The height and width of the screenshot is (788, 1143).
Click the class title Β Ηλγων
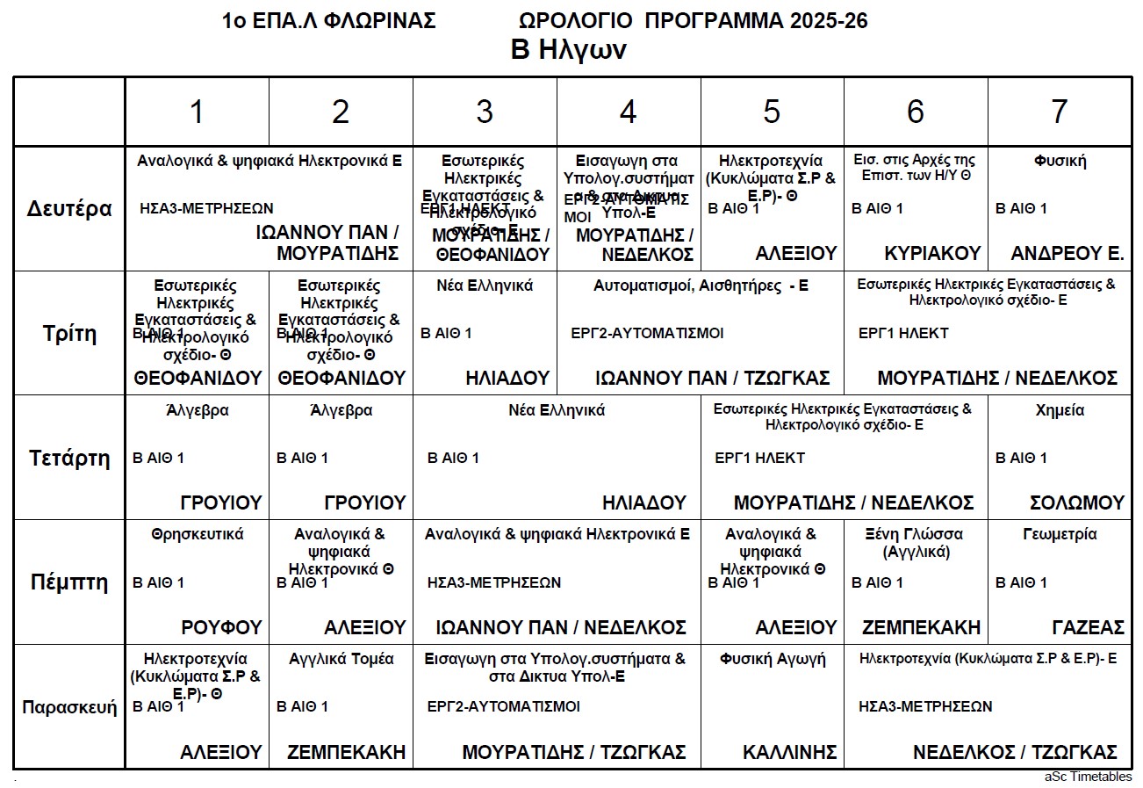[568, 50]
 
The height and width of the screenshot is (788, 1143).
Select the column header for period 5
[772, 112]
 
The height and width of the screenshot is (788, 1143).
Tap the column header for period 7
[1059, 112]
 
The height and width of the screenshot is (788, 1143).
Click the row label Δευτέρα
[69, 209]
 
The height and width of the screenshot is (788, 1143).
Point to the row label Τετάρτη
[69, 458]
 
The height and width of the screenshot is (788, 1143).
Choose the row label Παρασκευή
[69, 707]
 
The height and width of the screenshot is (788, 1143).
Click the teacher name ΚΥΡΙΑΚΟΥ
[933, 254]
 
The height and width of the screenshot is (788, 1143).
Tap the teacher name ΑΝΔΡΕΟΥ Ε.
[1068, 254]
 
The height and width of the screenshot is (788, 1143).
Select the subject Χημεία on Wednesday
[1060, 410]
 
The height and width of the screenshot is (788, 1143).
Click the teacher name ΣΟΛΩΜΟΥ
[1076, 503]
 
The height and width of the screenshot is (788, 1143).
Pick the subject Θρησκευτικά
[198, 534]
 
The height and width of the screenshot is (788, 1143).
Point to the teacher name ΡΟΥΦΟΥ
[221, 627]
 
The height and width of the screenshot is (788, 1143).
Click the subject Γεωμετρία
[1060, 534]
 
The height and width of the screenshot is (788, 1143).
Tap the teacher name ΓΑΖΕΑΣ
[1088, 627]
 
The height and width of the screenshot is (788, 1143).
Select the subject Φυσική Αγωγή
[773, 659]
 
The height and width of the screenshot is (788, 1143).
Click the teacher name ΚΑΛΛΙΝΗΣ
[789, 753]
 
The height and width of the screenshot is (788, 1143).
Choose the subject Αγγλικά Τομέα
[341, 659]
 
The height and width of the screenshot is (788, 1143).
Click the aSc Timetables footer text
[1088, 777]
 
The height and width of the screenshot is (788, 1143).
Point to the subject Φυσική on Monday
[1060, 161]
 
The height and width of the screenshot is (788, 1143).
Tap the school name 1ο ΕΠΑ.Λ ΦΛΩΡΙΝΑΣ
[329, 21]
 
